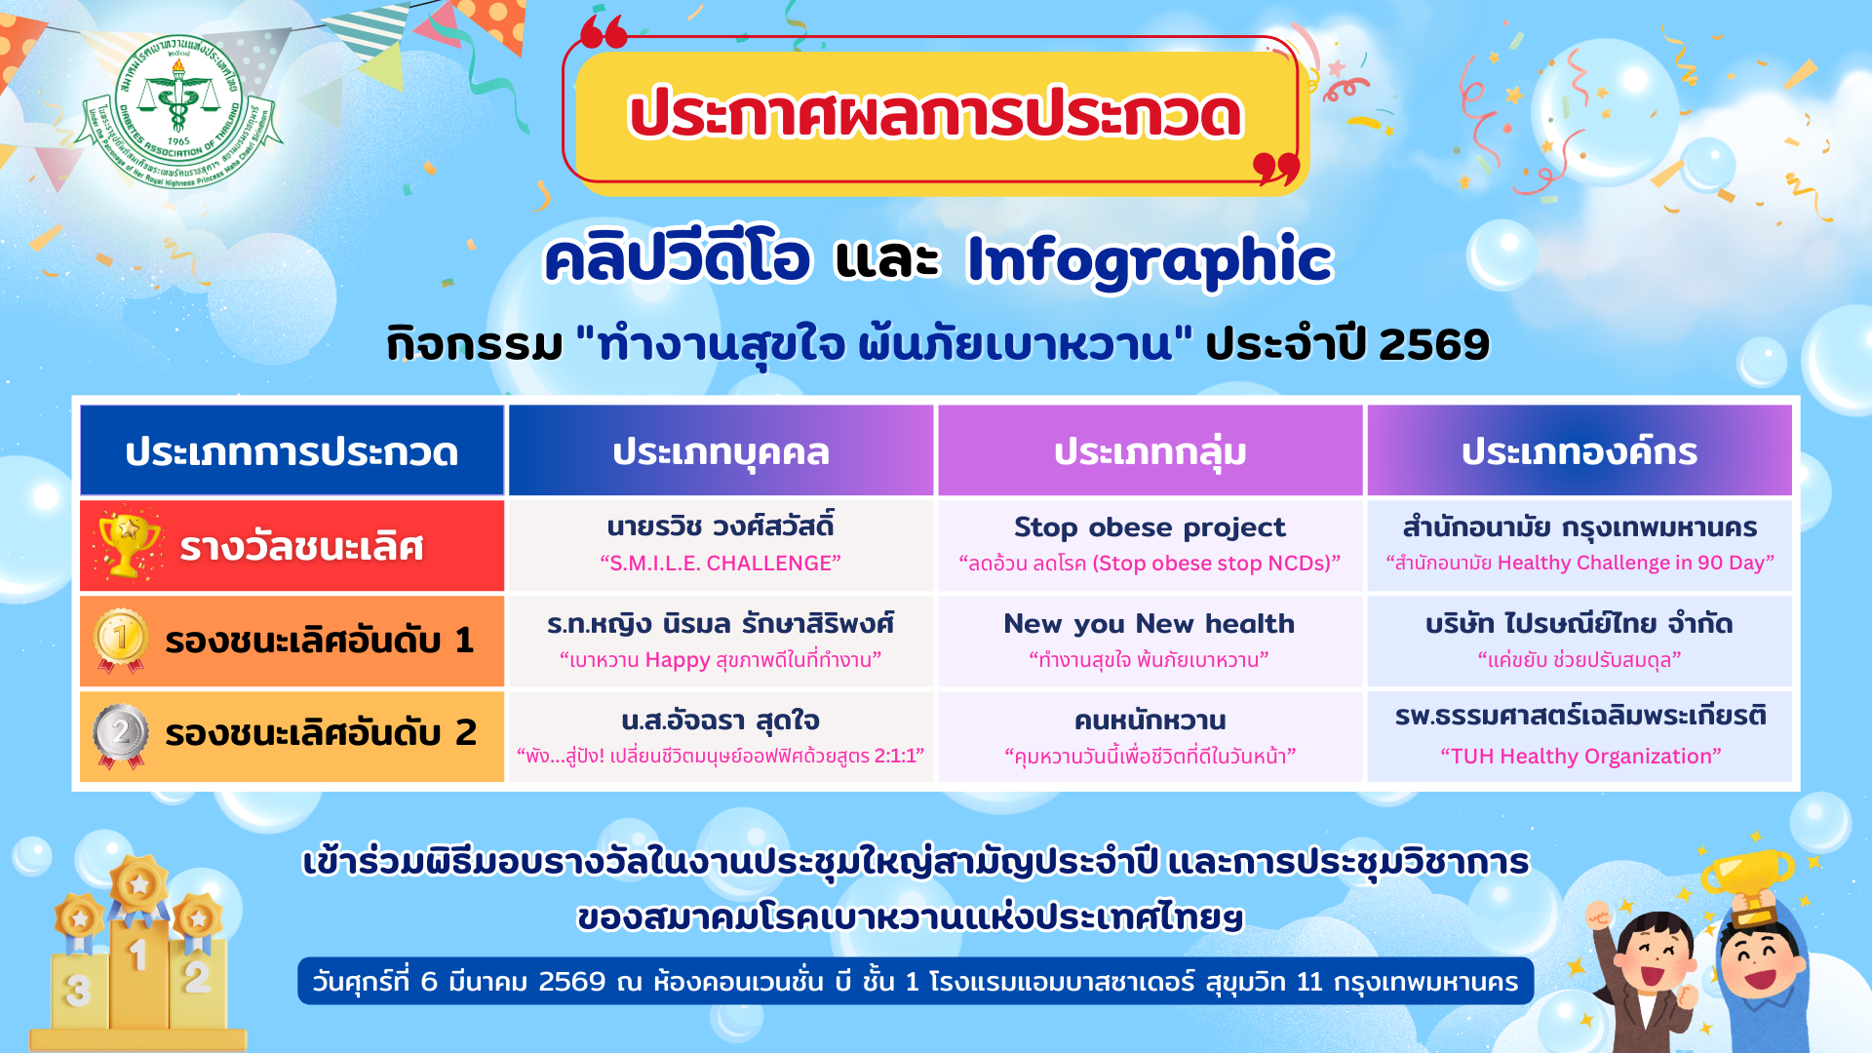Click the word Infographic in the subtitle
tap(1149, 259)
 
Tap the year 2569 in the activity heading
tap(1434, 344)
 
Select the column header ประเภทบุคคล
tap(721, 451)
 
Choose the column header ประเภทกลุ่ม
tap(1150, 451)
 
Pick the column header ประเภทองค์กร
tap(1579, 451)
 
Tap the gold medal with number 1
tap(121, 641)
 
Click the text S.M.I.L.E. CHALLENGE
tap(721, 564)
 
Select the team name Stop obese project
tap(1150, 527)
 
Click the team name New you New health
tap(1150, 623)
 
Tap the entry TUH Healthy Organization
tap(1580, 757)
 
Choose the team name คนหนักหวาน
tap(1150, 721)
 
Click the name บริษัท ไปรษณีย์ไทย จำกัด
tap(1579, 623)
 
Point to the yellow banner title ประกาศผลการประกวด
tap(936, 114)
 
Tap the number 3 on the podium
tap(78, 991)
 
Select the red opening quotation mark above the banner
tap(604, 31)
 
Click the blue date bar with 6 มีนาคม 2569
tap(916, 981)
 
